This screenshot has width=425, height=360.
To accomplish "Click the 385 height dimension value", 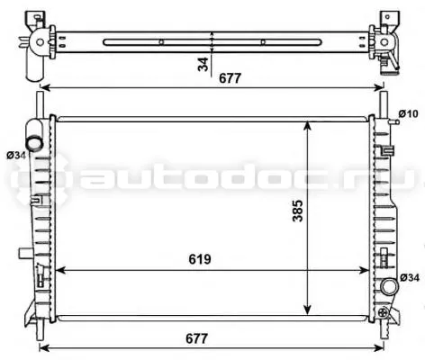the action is [x=298, y=211].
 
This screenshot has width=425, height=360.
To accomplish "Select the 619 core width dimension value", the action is [x=200, y=259].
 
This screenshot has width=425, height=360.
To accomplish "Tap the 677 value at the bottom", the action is [x=197, y=338].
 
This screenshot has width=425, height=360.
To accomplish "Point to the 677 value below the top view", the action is [x=231, y=78].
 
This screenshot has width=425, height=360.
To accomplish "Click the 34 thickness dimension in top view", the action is [x=203, y=65].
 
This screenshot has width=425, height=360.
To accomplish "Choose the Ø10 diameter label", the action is [x=408, y=113].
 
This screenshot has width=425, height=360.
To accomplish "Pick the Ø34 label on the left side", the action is [x=16, y=156].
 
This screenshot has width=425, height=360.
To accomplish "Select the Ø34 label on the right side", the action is [x=410, y=278].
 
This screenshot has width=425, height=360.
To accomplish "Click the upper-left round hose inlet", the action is [x=33, y=143].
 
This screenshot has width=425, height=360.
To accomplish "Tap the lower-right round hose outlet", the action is [x=390, y=286].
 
